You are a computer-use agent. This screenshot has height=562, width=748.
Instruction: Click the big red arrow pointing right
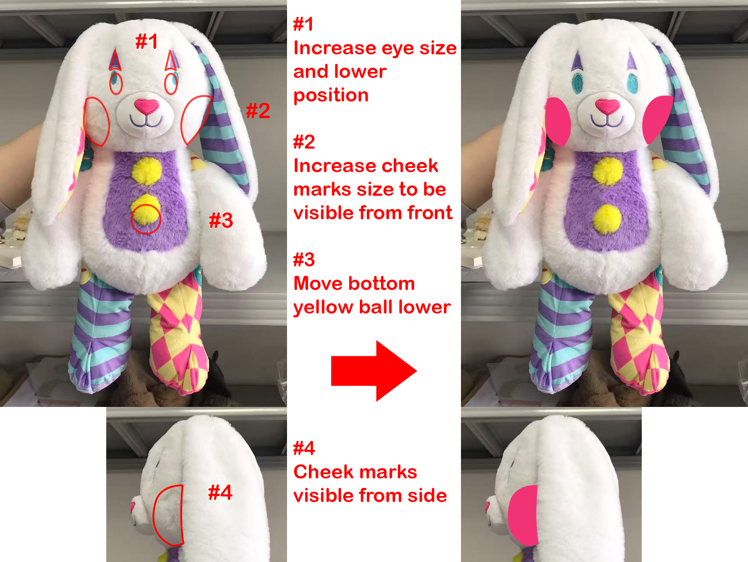click(374, 371)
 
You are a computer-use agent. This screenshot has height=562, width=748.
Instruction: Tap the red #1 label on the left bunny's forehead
click(147, 42)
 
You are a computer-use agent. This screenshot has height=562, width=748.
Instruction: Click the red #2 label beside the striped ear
click(258, 111)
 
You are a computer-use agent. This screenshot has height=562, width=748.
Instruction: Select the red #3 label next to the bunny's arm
click(221, 220)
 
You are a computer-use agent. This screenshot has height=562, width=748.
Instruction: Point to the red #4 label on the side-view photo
click(220, 492)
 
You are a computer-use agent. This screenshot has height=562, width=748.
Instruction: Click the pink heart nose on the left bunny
click(147, 106)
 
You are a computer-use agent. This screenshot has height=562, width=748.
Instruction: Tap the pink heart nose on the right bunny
click(607, 106)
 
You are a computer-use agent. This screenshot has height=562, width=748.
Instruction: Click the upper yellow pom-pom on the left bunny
click(147, 170)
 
